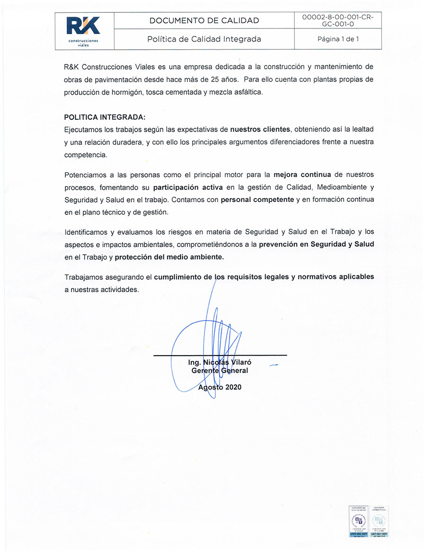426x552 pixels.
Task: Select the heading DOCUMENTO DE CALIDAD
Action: [x=204, y=20]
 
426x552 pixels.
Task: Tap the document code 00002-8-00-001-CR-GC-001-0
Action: [x=337, y=20]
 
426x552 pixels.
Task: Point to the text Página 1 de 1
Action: [x=338, y=39]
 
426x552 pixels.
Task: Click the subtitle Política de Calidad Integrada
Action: [x=204, y=39]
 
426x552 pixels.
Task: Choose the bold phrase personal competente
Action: [x=257, y=200]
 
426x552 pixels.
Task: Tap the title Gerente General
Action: [x=220, y=371]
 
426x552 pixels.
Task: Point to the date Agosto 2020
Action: [x=220, y=387]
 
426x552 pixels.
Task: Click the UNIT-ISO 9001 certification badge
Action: [x=358, y=522]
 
